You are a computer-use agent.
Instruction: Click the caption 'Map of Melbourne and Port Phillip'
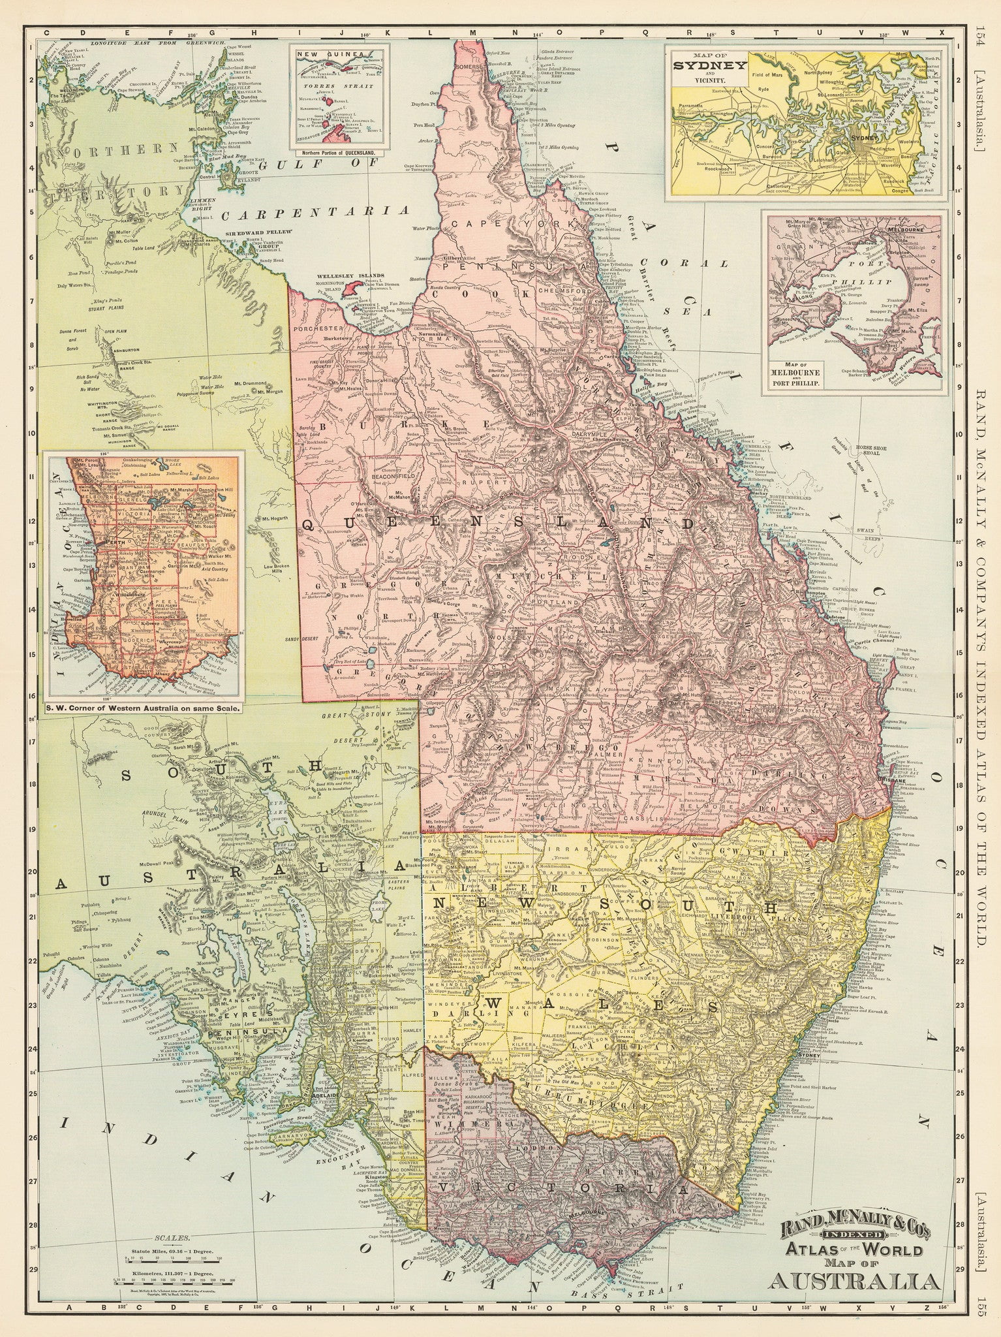(x=799, y=377)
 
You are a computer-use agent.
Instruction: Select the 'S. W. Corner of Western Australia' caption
(x=142, y=706)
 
